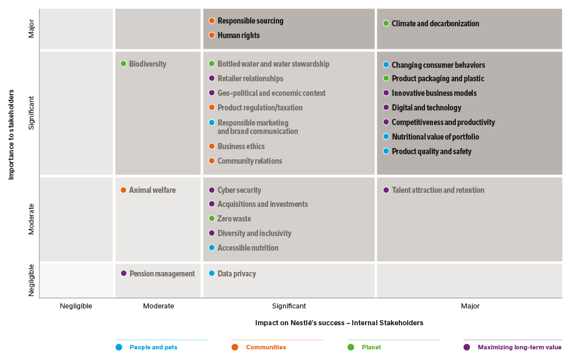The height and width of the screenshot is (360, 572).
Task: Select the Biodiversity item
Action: tap(147, 64)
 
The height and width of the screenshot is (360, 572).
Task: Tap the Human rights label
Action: tap(238, 35)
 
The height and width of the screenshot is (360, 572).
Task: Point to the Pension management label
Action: tap(162, 274)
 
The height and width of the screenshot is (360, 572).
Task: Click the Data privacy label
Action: tap(237, 274)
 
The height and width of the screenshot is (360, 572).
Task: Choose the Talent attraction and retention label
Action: tap(437, 190)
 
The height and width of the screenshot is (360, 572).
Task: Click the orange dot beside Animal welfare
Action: tap(123, 190)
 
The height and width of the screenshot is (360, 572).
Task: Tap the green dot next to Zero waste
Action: tap(212, 219)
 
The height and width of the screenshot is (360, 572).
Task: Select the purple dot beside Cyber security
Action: tap(212, 190)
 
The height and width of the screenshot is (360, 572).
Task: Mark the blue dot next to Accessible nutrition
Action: tap(212, 248)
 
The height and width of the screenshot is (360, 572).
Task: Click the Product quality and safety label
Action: tap(431, 151)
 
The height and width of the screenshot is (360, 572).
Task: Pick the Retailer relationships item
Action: tap(250, 79)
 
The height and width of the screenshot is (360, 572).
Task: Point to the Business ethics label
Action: tap(241, 146)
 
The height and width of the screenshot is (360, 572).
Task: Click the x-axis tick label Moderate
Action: tap(159, 306)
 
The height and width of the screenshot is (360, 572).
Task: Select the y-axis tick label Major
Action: tap(31, 29)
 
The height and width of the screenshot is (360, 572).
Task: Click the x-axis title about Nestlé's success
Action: tap(339, 323)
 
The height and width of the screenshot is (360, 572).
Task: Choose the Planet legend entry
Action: tap(371, 347)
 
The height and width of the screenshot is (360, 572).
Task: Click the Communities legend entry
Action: tap(265, 347)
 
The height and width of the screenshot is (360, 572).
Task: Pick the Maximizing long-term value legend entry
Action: tap(519, 347)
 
